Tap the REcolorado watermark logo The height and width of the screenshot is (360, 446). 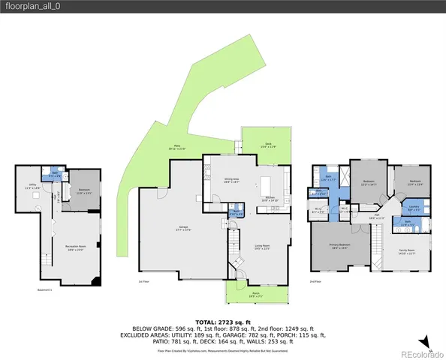point(420,354)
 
